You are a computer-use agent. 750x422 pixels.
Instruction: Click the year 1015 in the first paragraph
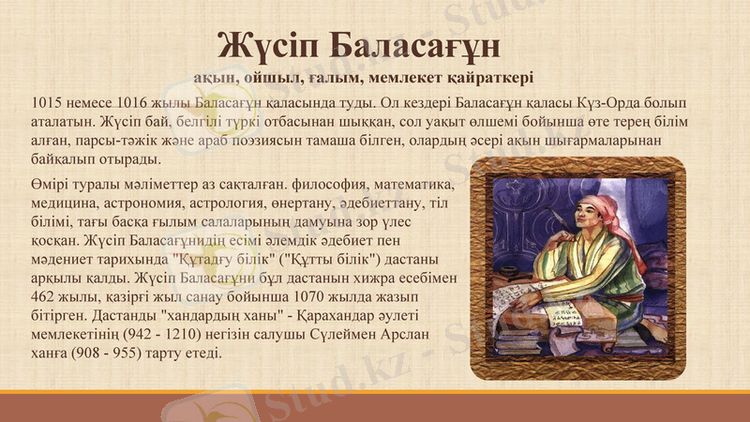click(x=48, y=101)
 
